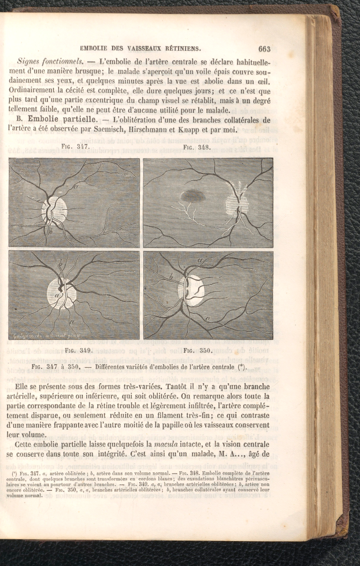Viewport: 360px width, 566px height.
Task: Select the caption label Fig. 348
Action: [x=196, y=147]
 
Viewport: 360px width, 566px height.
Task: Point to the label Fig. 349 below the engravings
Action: [x=78, y=350]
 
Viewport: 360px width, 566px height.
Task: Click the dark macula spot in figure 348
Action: [x=193, y=196]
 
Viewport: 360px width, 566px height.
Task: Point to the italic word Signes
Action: [x=31, y=60]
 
